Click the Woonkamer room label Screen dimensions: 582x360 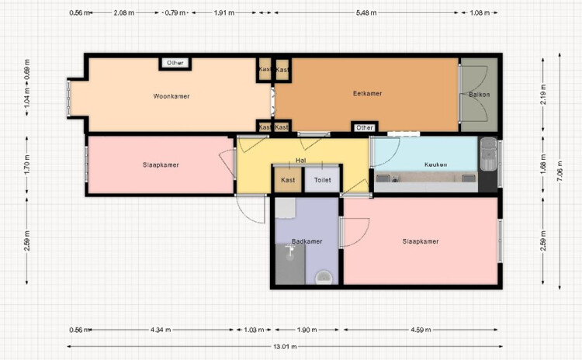click(171, 96)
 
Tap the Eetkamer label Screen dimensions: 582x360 click(367, 94)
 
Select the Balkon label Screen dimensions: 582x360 click(479, 95)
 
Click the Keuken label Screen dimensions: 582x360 click(435, 164)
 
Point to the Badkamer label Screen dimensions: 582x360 click(307, 241)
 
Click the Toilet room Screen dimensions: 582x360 click(322, 180)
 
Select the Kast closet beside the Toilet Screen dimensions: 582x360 click(288, 180)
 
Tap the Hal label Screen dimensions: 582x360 click(300, 161)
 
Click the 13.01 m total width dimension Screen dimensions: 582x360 click(285, 347)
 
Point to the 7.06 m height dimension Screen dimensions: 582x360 click(559, 171)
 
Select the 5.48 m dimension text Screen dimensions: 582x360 click(366, 12)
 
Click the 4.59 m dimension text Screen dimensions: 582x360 click(421, 330)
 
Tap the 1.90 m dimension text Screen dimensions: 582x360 click(307, 330)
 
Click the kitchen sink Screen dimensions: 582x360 click(488, 154)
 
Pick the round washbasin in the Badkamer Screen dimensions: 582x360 click(324, 278)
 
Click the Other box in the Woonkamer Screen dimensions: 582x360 click(175, 63)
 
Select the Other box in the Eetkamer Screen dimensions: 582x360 click(365, 128)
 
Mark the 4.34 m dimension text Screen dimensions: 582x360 click(161, 330)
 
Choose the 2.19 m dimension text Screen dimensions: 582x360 click(543, 95)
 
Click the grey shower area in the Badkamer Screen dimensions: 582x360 click(290, 264)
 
